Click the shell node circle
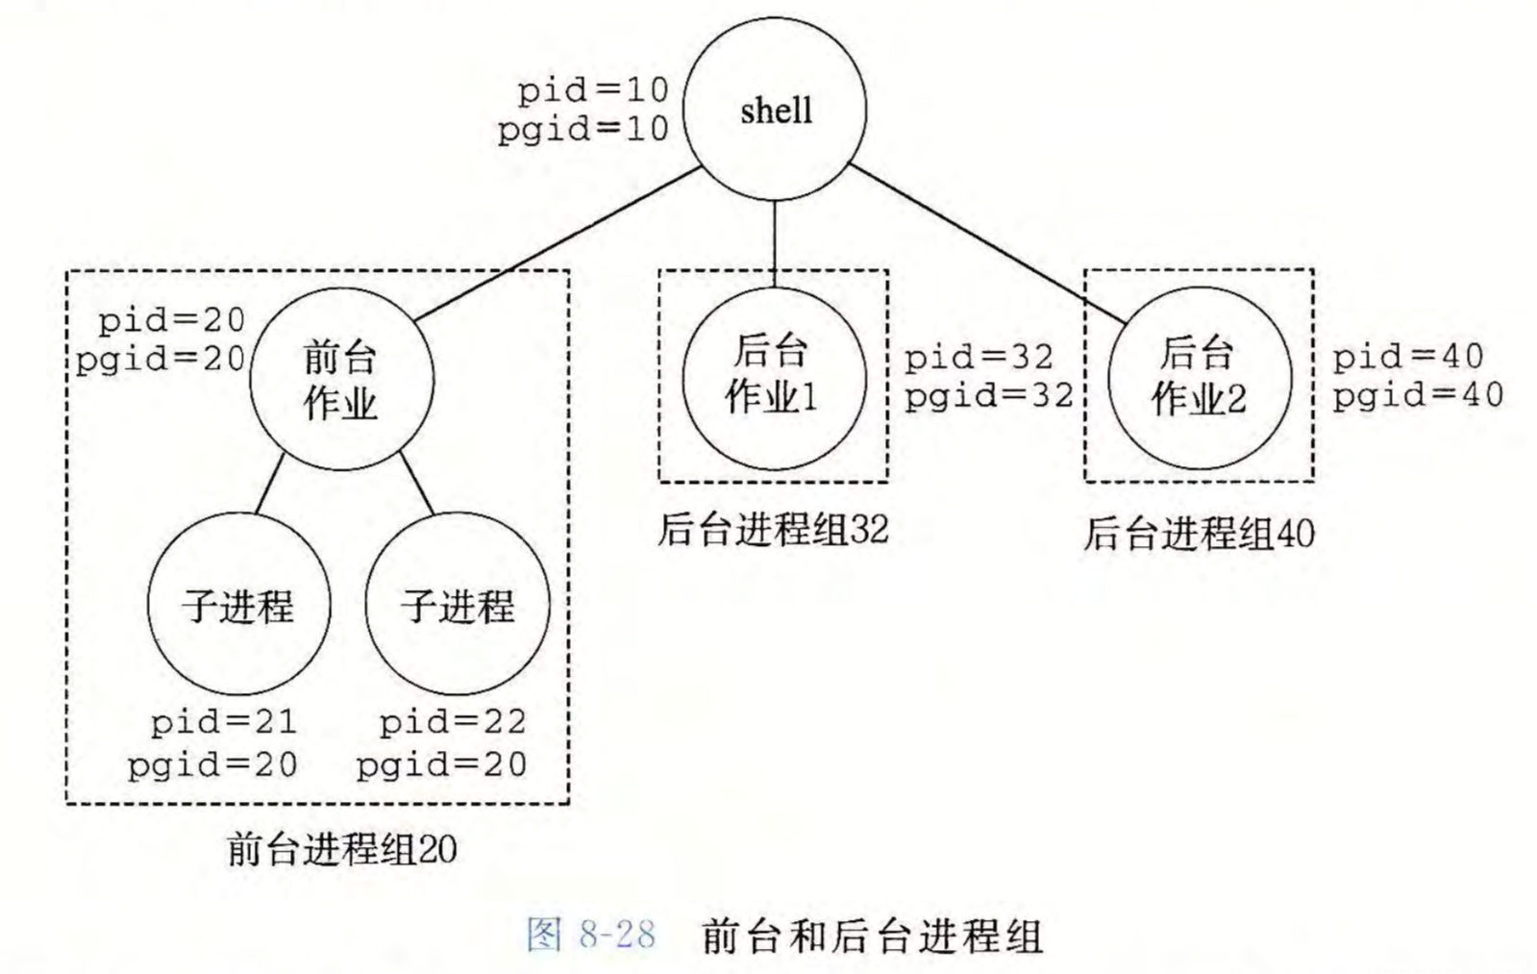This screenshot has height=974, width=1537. pyautogui.click(x=775, y=109)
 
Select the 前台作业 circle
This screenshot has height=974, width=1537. pyautogui.click(x=341, y=379)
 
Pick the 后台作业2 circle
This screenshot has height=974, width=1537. pyautogui.click(x=1199, y=378)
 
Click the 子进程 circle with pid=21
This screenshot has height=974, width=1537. pyautogui.click(x=238, y=604)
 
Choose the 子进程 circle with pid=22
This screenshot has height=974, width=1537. pyautogui.click(x=458, y=604)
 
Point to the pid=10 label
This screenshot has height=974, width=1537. pyautogui.click(x=593, y=90)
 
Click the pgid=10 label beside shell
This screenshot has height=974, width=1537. pyautogui.click(x=583, y=129)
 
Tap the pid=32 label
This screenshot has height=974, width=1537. pyautogui.click(x=979, y=358)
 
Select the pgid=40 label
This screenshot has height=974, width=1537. pyautogui.click(x=1418, y=395)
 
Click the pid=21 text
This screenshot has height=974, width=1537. pyautogui.click(x=223, y=722)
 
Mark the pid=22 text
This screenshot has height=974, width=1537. pyautogui.click(x=453, y=722)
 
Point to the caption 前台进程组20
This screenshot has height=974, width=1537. pyautogui.click(x=342, y=850)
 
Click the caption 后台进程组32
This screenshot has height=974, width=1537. pyautogui.click(x=773, y=530)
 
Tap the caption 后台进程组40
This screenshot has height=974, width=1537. pyautogui.click(x=1199, y=534)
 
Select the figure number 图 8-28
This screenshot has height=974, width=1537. pyautogui.click(x=591, y=935)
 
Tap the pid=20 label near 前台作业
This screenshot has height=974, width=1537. pyautogui.click(x=171, y=320)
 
